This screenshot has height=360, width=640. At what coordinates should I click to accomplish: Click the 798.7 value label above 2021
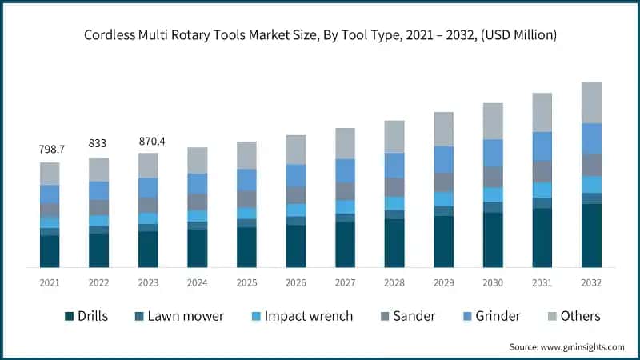click(x=50, y=150)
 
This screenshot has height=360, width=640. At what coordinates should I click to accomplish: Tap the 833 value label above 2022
click(x=99, y=143)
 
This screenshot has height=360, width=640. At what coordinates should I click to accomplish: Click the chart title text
click(x=320, y=35)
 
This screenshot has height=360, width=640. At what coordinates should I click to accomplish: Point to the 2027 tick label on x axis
click(x=345, y=282)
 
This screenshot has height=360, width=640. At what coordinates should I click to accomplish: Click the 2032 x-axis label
click(x=591, y=282)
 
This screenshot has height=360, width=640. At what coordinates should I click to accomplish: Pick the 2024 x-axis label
click(x=198, y=282)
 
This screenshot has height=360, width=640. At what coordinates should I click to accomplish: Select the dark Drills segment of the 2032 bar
click(x=591, y=235)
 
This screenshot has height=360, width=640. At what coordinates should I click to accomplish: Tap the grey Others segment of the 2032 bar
click(x=591, y=102)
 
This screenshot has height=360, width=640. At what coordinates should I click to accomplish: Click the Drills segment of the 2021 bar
click(x=50, y=251)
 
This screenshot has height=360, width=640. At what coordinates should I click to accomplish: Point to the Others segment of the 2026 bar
click(x=296, y=150)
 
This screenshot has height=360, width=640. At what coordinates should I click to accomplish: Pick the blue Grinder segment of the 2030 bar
click(x=493, y=153)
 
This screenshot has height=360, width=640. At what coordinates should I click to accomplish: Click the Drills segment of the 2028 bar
click(x=394, y=242)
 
